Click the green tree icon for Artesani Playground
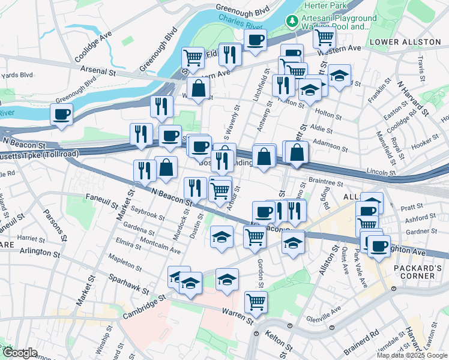(x=292, y=21)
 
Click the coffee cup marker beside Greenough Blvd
(x=62, y=114)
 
